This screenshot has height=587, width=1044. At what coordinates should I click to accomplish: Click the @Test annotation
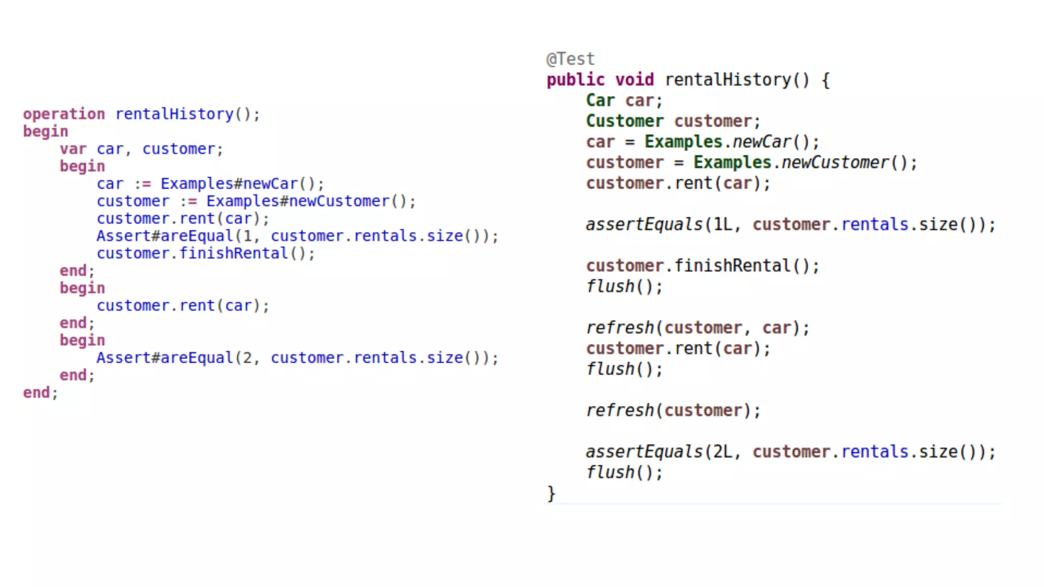570,59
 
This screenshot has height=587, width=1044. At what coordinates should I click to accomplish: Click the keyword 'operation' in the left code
64,114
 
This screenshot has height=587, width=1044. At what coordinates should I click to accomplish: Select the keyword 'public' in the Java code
575,80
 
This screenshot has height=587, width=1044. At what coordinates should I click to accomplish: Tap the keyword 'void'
634,80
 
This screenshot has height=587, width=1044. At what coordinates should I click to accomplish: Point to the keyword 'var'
73,149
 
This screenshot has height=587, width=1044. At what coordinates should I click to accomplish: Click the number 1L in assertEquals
722,225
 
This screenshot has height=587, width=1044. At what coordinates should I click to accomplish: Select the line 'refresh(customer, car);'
697,328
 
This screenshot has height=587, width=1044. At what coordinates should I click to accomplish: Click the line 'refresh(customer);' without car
673,411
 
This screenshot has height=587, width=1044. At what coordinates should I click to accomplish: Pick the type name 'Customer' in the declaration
624,121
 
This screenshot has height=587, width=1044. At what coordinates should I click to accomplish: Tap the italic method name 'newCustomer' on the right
835,163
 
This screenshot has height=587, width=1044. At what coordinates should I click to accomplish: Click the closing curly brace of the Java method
551,493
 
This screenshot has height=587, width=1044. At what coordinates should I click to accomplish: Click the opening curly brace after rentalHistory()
825,80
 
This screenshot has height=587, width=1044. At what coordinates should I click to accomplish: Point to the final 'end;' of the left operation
40,393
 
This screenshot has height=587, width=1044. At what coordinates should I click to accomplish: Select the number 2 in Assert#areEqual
247,358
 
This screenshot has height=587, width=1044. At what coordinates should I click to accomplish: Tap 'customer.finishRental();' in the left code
205,253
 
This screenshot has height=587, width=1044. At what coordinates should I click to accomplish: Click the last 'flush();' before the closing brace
624,472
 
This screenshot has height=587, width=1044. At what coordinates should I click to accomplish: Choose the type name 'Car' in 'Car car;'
600,100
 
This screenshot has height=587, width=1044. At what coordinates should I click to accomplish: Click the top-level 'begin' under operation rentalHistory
45,131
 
